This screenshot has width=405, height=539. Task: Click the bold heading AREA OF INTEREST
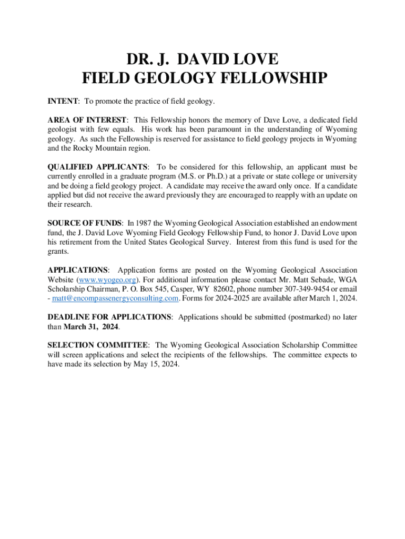tap(87, 120)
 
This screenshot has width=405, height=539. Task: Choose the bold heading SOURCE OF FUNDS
tap(84, 223)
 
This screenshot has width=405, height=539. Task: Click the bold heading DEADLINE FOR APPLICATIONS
tap(109, 317)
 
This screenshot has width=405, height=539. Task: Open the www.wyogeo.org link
tap(100, 280)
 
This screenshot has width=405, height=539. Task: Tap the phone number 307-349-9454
tap(293, 289)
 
